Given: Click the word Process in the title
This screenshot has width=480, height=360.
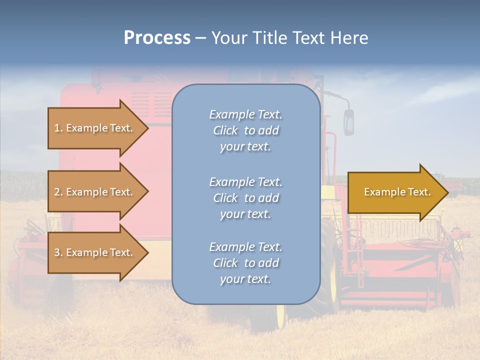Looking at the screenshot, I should [157, 38].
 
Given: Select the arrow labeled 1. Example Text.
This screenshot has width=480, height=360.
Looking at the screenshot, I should [95, 128].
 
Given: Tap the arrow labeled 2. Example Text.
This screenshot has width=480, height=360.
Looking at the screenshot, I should [95, 192].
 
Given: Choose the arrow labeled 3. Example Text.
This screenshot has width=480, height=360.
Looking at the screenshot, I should [95, 252].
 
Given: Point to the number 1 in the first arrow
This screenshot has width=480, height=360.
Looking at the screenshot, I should [57, 128].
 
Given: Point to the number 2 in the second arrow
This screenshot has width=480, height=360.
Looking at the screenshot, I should [57, 192].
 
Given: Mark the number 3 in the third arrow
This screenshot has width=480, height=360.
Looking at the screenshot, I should [57, 252].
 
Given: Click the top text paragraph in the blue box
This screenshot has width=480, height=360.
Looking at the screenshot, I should [245, 130].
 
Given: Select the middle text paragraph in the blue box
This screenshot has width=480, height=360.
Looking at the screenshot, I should [245, 198].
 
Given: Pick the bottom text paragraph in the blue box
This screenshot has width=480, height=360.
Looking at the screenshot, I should [245, 263].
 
